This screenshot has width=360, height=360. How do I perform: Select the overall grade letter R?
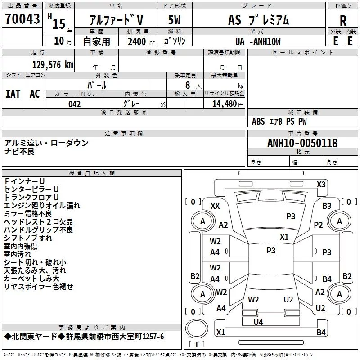pyautogui.click(x=343, y=20)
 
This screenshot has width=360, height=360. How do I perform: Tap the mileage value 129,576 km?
pyautogui.click(x=53, y=65)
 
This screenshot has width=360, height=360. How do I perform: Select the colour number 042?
pyautogui.click(x=75, y=104)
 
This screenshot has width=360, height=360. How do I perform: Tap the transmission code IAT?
pyautogui.click(x=13, y=94)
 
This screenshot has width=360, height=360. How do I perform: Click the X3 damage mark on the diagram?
pyautogui.click(x=321, y=184)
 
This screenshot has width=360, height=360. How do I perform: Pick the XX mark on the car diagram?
pyautogui.click(x=215, y=206)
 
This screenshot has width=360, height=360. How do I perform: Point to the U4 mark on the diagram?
pyautogui.click(x=258, y=322)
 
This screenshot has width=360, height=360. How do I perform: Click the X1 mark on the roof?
pyautogui.click(x=284, y=237)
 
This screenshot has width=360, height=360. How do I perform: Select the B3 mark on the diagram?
pyautogui.click(x=327, y=206)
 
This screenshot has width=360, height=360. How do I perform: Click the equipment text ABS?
pyautogui.click(x=258, y=121)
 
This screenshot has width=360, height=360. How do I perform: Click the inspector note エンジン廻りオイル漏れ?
pyautogui.click(x=42, y=206)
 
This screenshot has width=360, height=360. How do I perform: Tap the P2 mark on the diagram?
pyautogui.click(x=319, y=225)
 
